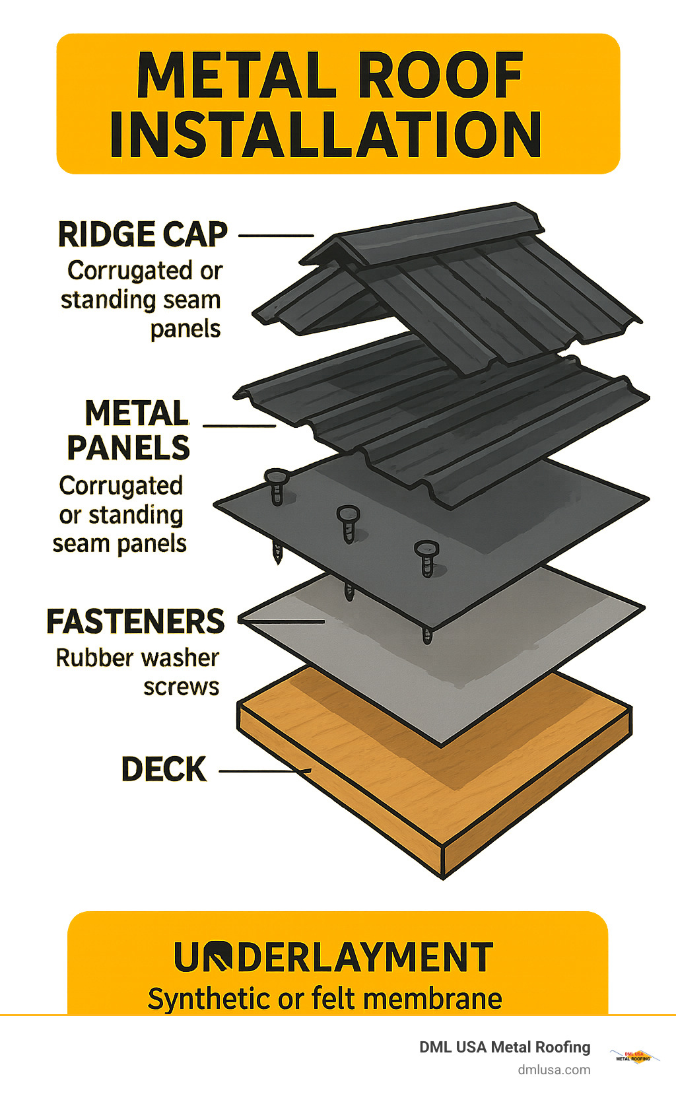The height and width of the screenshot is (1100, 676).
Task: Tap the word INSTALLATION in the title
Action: [325, 135]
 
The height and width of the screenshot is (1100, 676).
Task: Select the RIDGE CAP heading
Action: [143, 234]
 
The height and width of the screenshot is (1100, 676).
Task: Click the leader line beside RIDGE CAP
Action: [276, 235]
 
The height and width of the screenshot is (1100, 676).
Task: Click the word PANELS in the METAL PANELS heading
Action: [129, 448]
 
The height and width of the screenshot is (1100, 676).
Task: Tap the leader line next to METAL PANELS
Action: [239, 425]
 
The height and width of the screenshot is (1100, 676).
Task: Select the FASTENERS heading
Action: [135, 621]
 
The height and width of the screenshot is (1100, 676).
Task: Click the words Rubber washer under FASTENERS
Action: [137, 658]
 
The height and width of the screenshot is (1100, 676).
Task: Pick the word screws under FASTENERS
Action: [181, 687]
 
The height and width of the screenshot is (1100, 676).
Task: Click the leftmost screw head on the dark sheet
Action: [277, 477]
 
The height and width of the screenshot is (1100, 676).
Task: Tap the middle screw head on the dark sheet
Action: [348, 513]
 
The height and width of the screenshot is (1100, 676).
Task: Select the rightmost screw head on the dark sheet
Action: [426, 548]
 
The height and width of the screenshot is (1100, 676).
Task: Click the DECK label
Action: [164, 769]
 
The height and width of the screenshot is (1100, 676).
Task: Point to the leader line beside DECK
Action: [264, 771]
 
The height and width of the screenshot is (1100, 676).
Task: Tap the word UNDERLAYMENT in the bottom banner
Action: [333, 957]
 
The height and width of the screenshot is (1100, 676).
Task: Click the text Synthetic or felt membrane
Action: [325, 998]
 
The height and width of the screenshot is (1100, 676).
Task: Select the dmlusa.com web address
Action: [554, 1070]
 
